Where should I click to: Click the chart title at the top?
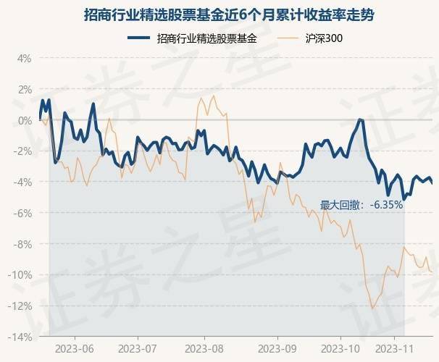point(219,15)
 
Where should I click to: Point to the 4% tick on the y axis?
point(24,58)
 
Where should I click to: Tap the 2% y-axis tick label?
point(24,89)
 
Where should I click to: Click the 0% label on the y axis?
point(24,120)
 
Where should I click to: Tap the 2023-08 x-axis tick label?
point(205,348)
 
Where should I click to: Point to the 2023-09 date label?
point(277,348)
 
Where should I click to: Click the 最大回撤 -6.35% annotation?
point(361,205)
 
